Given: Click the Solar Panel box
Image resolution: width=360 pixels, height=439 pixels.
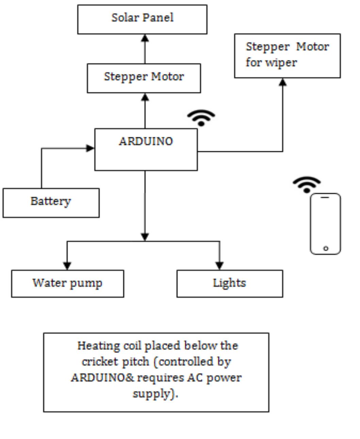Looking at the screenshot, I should [x=142, y=19].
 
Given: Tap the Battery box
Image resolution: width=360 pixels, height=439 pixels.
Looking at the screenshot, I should [x=51, y=202].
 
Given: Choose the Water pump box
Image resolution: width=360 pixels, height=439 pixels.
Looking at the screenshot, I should [x=67, y=283].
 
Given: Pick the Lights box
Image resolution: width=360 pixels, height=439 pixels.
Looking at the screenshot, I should [x=229, y=283].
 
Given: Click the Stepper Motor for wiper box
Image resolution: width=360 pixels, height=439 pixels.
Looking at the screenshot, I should [x=287, y=55].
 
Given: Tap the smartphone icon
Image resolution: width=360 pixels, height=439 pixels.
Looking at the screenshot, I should [x=325, y=224].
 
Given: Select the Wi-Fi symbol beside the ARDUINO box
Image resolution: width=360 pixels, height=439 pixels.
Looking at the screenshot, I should [x=201, y=118].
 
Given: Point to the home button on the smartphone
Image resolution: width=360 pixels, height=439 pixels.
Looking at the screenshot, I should [x=326, y=248].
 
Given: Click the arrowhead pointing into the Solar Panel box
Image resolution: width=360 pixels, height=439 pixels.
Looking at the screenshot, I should [x=145, y=38].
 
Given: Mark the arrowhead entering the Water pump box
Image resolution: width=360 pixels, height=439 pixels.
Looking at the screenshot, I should [x=67, y=265].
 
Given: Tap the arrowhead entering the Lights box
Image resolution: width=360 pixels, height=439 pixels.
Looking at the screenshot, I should [x=219, y=265].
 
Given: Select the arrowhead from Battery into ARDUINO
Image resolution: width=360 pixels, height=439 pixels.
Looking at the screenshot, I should [x=90, y=148].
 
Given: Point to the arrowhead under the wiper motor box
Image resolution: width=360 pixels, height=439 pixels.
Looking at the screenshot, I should [x=282, y=82].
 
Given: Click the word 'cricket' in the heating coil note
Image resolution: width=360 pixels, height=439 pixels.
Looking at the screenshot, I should [x=96, y=361].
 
